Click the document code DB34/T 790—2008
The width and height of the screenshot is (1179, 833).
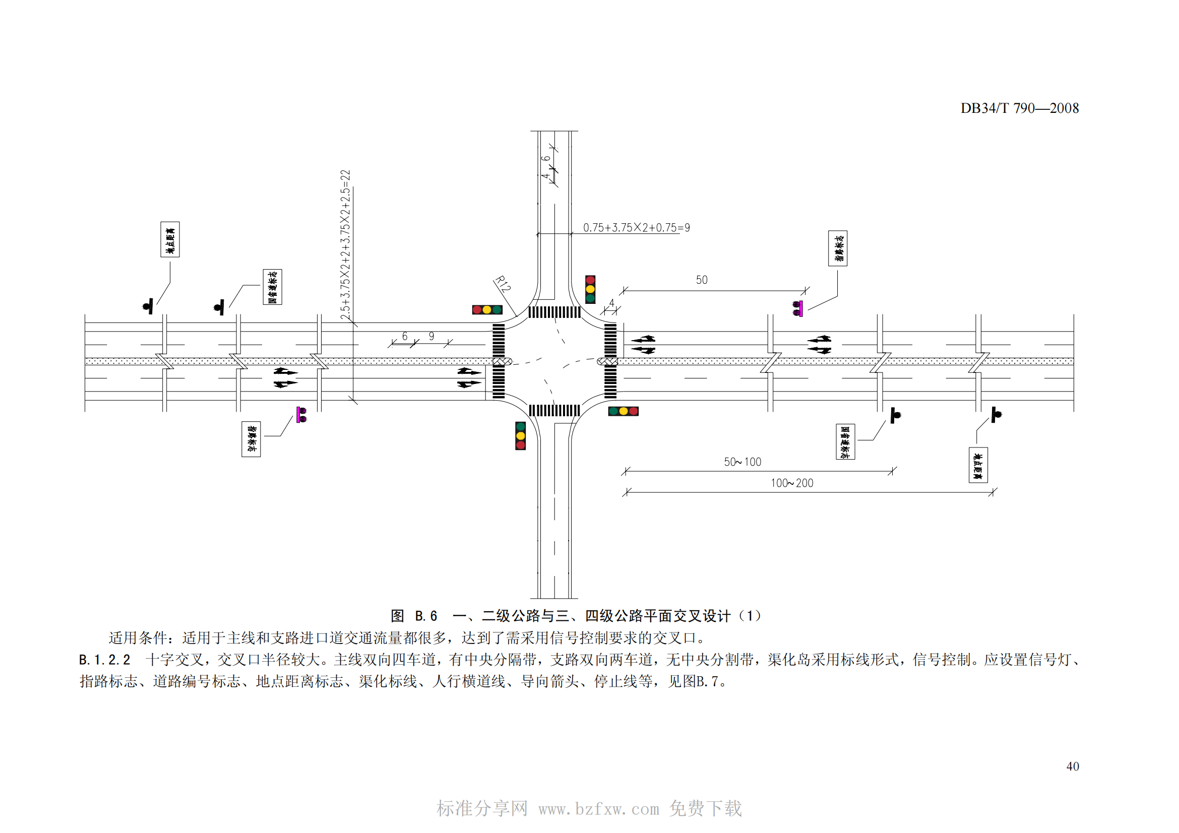[x=1019, y=108]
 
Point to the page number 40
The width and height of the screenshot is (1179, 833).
[x=1072, y=766]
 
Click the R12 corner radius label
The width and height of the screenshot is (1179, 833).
[x=502, y=283]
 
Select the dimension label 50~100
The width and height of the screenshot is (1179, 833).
[x=742, y=462]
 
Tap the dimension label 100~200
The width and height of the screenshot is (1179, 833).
[x=791, y=483]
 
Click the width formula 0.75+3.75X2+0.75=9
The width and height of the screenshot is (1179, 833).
[x=636, y=227]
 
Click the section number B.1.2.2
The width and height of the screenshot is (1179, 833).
[x=105, y=660]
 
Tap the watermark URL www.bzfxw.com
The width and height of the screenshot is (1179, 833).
[x=598, y=809]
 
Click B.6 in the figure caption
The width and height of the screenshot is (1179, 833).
[x=426, y=616]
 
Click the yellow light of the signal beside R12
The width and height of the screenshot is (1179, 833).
[x=487, y=309]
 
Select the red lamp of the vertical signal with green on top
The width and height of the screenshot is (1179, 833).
[x=520, y=445]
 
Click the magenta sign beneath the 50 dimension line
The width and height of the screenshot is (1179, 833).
[x=798, y=308]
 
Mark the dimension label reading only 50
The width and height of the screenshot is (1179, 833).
[x=702, y=280]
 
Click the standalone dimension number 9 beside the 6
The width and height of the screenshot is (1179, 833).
[x=431, y=336]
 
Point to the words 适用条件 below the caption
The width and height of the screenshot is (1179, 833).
[x=138, y=638]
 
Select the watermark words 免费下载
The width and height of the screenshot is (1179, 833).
[x=705, y=808]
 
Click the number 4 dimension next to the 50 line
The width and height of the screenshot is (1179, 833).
[x=611, y=303]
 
